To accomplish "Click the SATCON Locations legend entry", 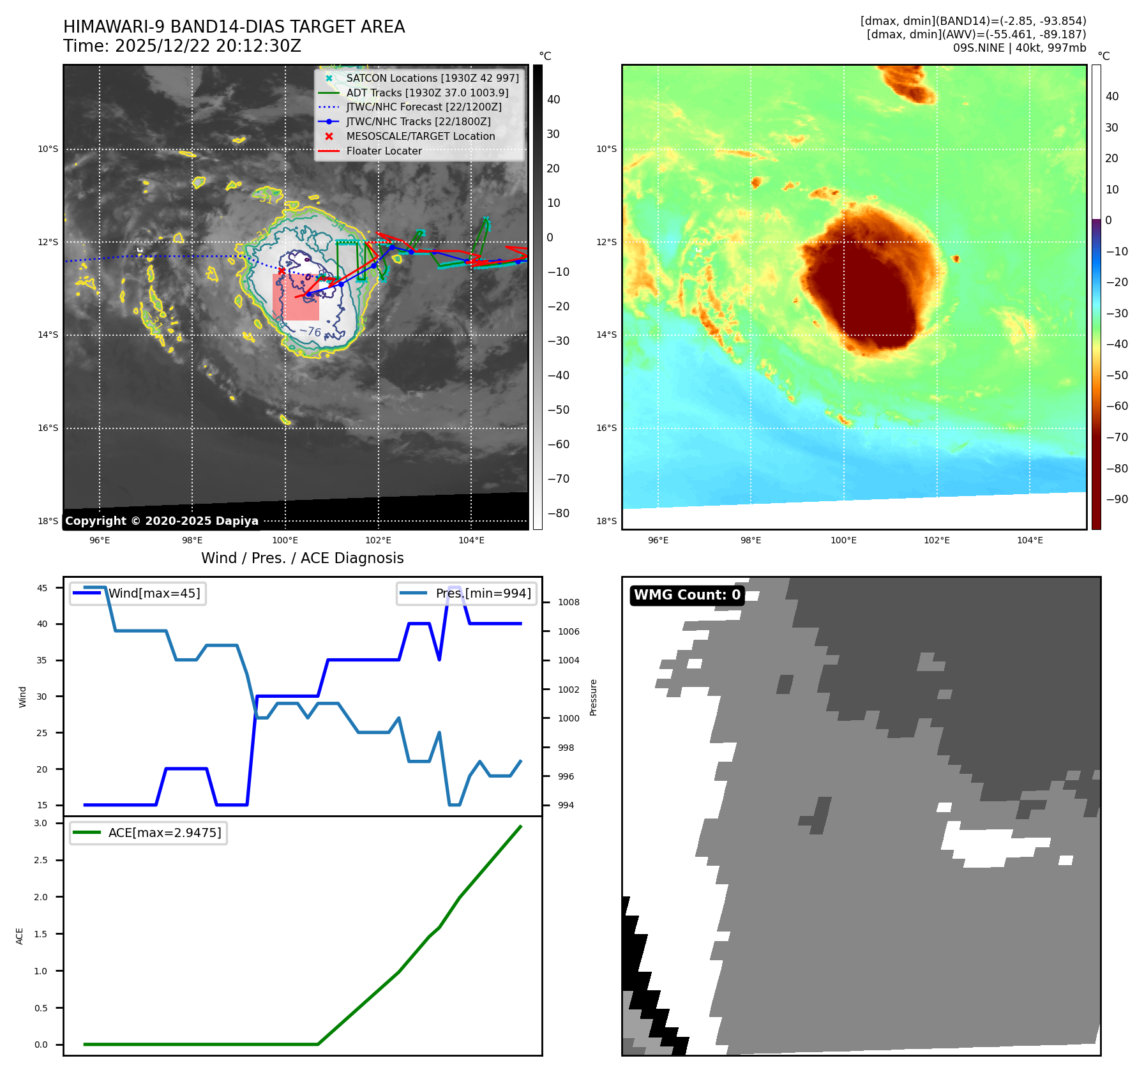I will click(x=432, y=78).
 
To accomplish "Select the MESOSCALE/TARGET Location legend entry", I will click(x=420, y=136).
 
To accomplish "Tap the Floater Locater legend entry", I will click(x=384, y=151).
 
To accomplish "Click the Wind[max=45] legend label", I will click(x=154, y=593).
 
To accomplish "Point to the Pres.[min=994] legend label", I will click(x=483, y=593).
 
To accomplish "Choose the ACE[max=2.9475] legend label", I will click(x=165, y=833).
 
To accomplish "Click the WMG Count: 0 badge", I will click(x=687, y=595).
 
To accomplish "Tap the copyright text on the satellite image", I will click(x=162, y=521).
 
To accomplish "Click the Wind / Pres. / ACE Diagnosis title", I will click(x=302, y=558).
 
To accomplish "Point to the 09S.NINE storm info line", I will click(x=1019, y=48).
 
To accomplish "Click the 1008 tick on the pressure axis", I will click(x=568, y=602).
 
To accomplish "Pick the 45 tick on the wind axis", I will click(x=42, y=588).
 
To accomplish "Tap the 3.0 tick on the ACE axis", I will click(x=41, y=823).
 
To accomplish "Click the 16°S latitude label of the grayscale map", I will click(x=48, y=428).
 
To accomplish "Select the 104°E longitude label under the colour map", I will click(x=1030, y=540).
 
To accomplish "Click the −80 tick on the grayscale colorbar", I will click(x=558, y=513).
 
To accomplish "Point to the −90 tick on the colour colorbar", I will click(x=1117, y=499).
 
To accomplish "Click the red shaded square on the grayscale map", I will click(x=296, y=298).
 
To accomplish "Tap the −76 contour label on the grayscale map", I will click(x=310, y=331).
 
